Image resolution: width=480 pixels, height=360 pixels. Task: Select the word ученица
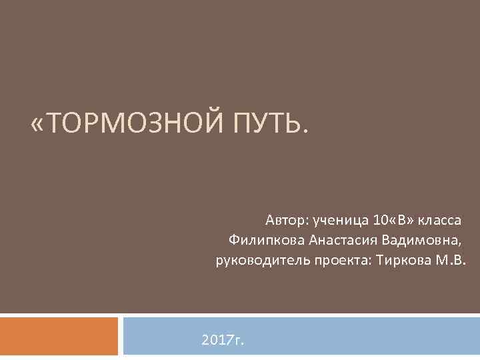click(x=331, y=219)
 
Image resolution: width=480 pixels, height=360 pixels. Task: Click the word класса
click(x=435, y=219)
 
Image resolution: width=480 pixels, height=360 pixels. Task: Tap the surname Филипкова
click(x=260, y=239)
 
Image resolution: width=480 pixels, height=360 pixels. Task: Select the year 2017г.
click(x=223, y=341)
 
